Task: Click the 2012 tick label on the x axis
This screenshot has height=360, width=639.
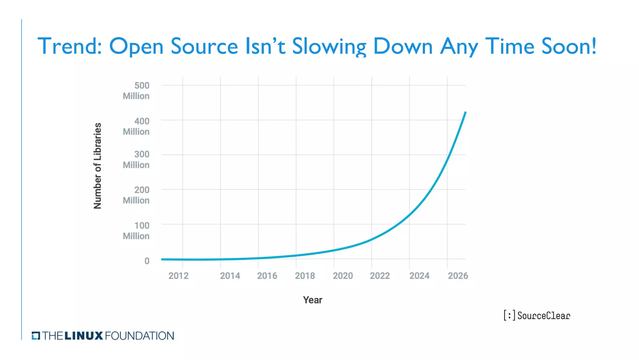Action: (x=178, y=276)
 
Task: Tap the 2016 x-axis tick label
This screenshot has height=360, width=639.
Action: (x=267, y=276)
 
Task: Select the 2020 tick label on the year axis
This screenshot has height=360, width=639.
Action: (x=343, y=276)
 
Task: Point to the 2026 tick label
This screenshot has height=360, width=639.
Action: (x=458, y=276)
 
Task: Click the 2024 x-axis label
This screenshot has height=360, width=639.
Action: (x=419, y=276)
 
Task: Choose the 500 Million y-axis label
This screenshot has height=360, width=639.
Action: (x=136, y=91)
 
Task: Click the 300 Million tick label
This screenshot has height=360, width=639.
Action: (x=136, y=160)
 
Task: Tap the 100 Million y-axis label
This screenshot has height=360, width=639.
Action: (x=136, y=231)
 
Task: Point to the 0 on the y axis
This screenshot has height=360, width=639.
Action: (x=147, y=261)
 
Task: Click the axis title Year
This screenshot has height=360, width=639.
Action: (x=312, y=300)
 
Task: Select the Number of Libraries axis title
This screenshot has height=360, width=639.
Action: (x=98, y=166)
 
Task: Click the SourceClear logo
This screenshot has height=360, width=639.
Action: (x=537, y=316)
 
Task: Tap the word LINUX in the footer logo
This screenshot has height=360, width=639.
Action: (x=84, y=336)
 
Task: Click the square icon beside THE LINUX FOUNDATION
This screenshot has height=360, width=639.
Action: (x=36, y=336)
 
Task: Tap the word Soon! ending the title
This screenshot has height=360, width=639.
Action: (x=568, y=46)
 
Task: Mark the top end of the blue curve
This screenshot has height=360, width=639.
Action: (x=465, y=112)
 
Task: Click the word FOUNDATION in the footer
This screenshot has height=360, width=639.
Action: (x=139, y=336)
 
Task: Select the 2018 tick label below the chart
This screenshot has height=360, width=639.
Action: (x=305, y=276)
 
